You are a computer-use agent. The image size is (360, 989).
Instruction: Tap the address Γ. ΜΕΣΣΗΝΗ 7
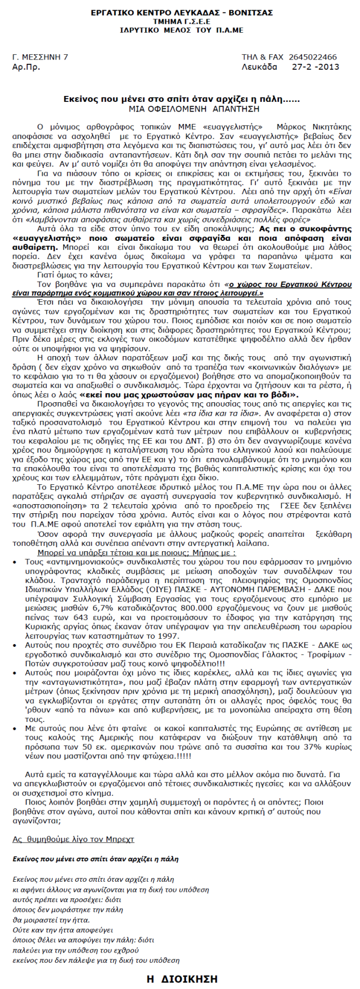click(40, 57)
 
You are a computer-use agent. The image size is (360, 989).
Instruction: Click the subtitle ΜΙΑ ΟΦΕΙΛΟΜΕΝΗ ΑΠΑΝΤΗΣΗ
click(180, 109)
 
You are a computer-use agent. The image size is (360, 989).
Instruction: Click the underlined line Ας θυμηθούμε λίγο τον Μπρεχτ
click(74, 838)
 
